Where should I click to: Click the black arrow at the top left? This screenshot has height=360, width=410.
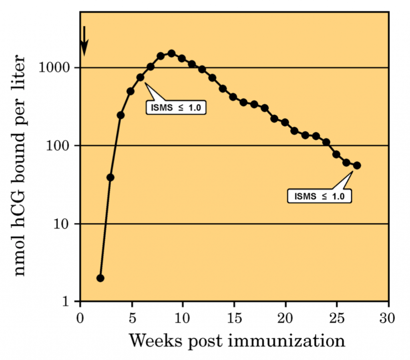(84, 41)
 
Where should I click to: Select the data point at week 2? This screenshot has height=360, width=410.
(100, 278)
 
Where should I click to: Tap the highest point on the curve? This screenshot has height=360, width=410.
(171, 53)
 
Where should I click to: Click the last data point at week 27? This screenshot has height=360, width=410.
(357, 165)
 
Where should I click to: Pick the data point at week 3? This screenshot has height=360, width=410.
(111, 177)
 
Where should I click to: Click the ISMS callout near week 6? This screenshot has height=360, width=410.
(176, 107)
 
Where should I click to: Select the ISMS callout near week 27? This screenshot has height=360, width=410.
(320, 196)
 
